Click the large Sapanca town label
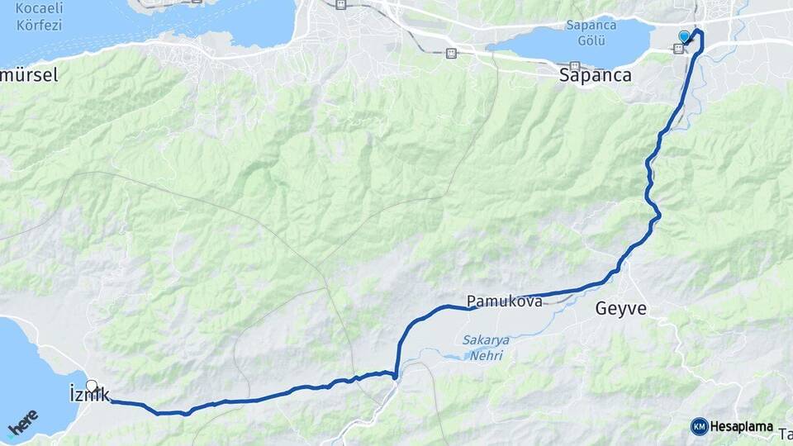pyautogui.click(x=596, y=76)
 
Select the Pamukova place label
pyautogui.click(x=504, y=302)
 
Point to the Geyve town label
pyautogui.click(x=620, y=311)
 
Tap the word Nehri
pyautogui.click(x=485, y=356)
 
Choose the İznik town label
pyautogui.click(x=86, y=396)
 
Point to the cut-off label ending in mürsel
pyautogui.click(x=29, y=75)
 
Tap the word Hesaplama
pyautogui.click(x=741, y=427)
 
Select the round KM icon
pyautogui.click(x=699, y=427)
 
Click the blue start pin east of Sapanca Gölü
pyautogui.click(x=684, y=36)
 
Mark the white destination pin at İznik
pyautogui.click(x=92, y=386)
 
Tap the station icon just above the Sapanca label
pyautogui.click(x=575, y=66)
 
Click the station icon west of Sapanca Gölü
pyautogui.click(x=450, y=54)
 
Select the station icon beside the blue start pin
pyautogui.click(x=678, y=49)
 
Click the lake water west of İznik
pyautogui.click(x=29, y=372)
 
